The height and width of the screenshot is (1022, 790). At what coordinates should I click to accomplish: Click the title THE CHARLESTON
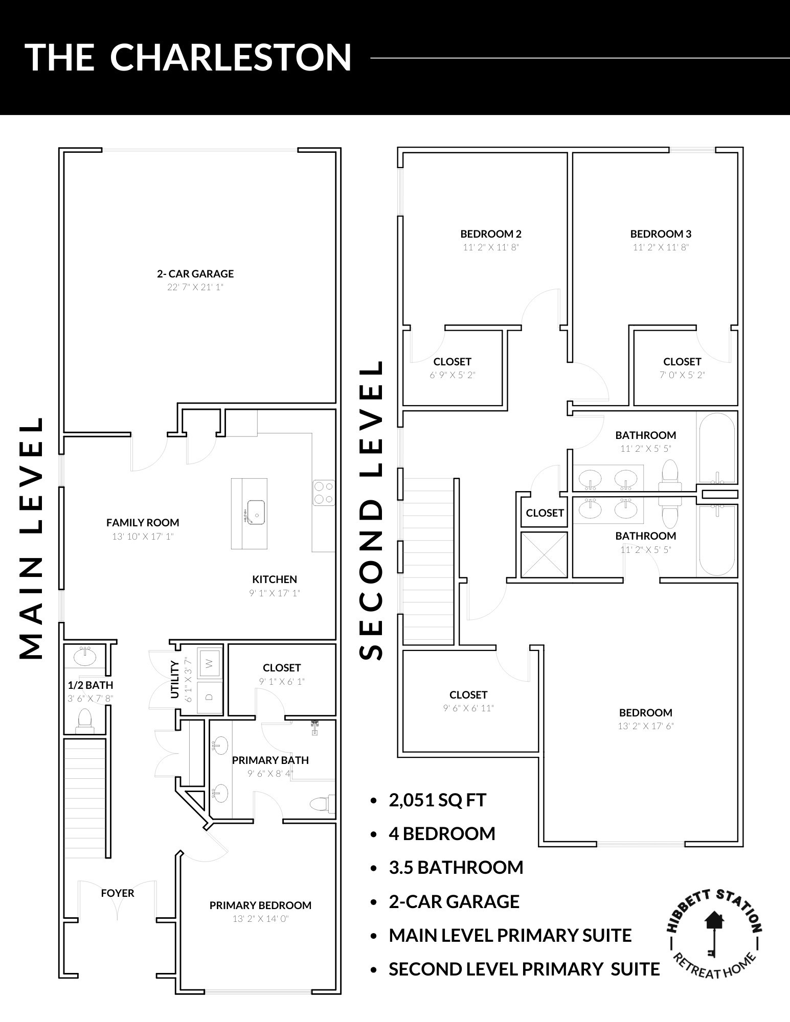click(x=188, y=57)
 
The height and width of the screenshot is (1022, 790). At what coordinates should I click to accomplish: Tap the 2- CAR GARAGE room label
click(x=195, y=274)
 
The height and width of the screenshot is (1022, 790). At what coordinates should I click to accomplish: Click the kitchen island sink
click(x=255, y=512)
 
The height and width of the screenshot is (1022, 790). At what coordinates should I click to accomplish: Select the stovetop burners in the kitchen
click(x=323, y=493)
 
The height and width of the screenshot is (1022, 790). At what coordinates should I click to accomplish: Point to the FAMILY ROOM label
click(x=143, y=523)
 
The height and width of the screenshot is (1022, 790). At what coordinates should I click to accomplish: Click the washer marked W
click(x=209, y=664)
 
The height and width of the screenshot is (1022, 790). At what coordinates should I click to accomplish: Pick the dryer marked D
click(x=209, y=696)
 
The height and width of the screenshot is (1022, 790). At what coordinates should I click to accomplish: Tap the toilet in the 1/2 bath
click(x=85, y=719)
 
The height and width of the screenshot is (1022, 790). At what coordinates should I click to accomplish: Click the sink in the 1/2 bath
click(x=85, y=656)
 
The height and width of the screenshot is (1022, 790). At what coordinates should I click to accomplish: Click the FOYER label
click(x=118, y=893)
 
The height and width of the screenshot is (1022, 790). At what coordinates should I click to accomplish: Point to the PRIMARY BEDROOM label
click(x=260, y=905)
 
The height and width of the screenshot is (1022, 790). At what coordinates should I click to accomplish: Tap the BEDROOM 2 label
click(x=491, y=234)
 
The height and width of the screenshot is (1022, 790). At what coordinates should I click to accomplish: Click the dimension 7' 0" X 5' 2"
click(x=682, y=375)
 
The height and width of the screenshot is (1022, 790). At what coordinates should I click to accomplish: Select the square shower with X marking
click(x=544, y=555)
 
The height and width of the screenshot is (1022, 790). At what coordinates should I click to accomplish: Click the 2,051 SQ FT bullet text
click(x=438, y=800)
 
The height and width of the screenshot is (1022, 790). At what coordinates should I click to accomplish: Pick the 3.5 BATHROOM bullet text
click(x=456, y=867)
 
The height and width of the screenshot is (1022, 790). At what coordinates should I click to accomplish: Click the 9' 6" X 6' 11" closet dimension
click(x=468, y=708)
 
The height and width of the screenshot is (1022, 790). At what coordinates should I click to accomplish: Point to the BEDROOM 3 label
click(x=661, y=234)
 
